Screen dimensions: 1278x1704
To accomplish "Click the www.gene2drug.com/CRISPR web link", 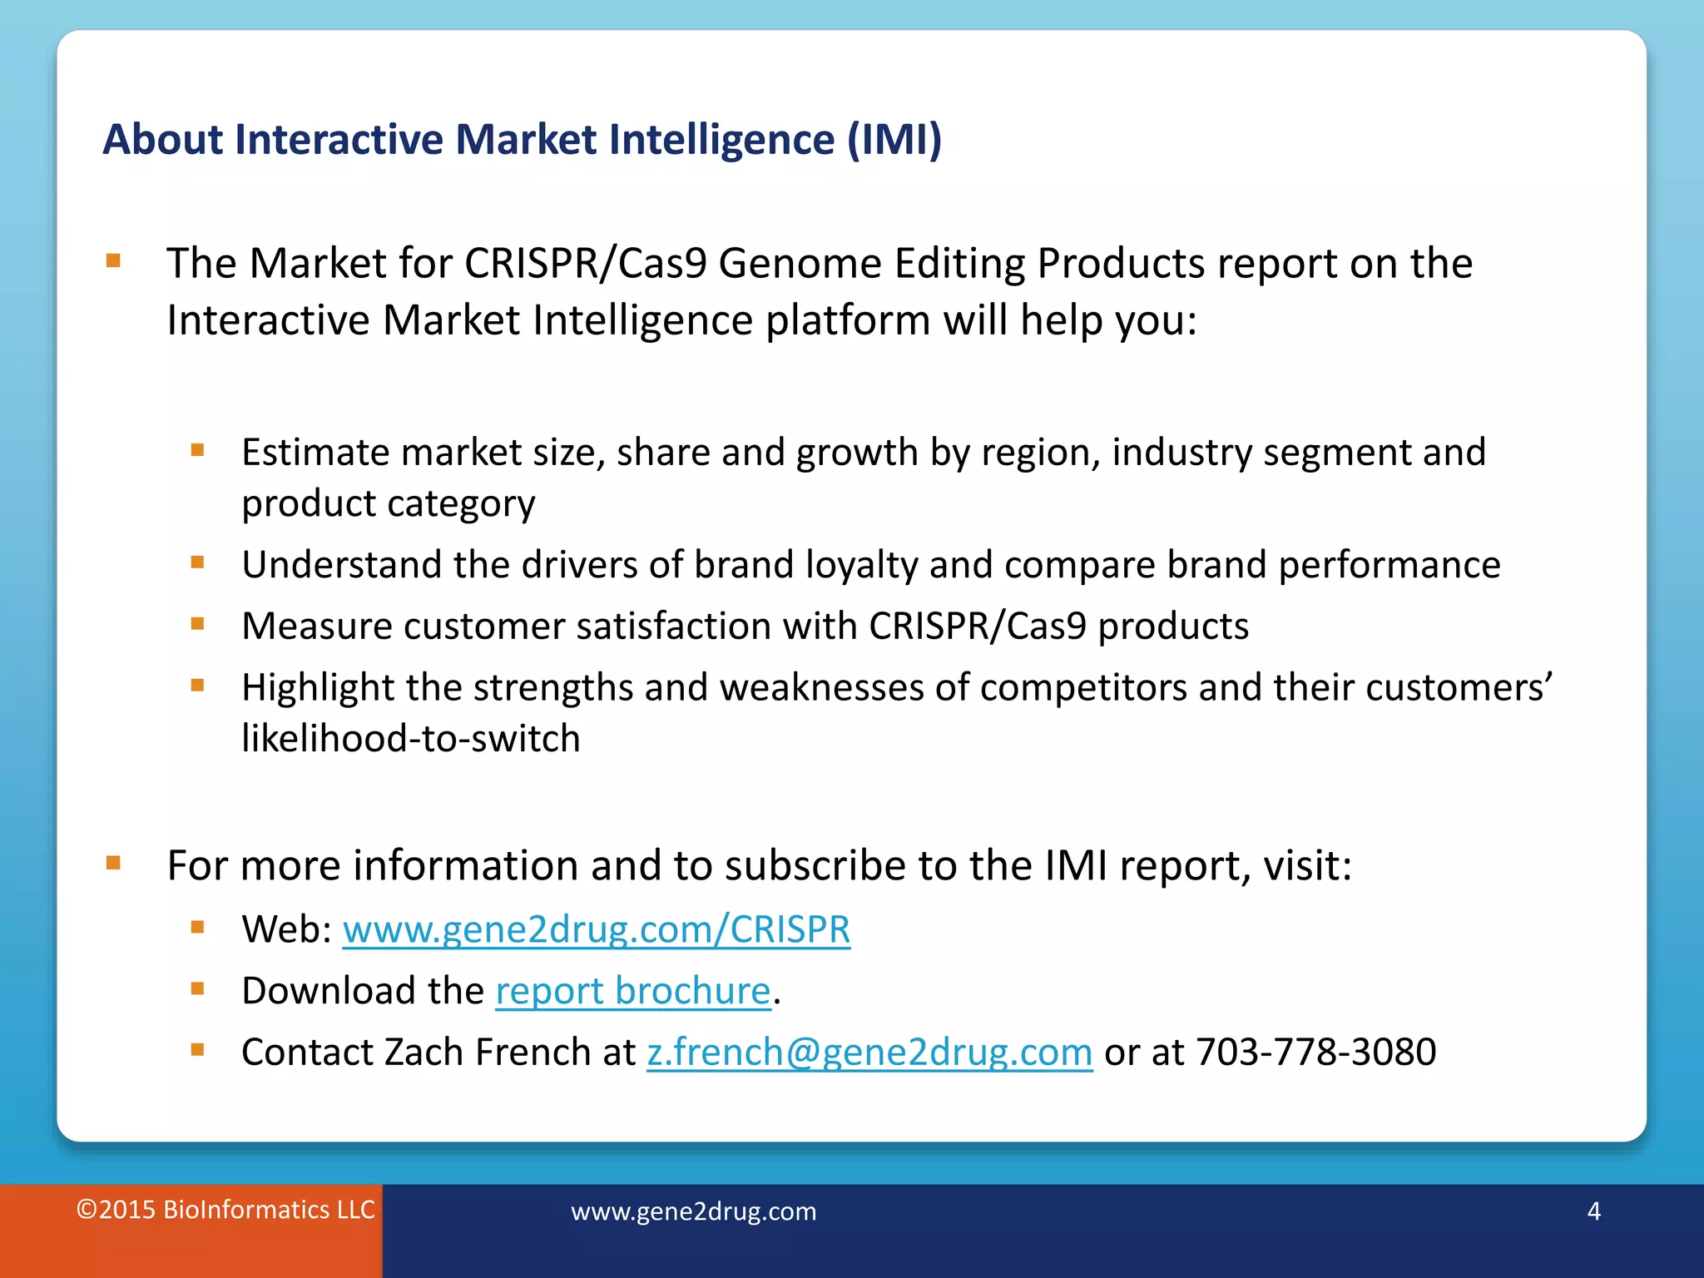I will point(596,929).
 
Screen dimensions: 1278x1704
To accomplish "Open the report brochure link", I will point(633,991).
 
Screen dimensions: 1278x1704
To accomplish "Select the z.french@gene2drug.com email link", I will point(869,1053).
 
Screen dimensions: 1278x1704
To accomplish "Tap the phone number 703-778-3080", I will point(1315,1053).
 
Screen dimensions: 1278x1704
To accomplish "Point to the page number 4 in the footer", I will point(1593,1211).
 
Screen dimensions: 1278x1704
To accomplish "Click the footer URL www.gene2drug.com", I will point(693,1211).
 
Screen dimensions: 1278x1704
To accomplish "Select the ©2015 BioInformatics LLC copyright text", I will point(225,1210).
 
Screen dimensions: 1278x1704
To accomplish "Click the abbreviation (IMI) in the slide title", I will point(894,139).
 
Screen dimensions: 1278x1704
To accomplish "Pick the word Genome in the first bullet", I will point(800,264).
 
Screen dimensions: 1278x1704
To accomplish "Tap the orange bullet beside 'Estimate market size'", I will point(197,451).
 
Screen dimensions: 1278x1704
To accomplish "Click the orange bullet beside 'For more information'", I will point(113,863).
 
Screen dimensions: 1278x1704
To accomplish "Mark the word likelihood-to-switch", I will point(410,739).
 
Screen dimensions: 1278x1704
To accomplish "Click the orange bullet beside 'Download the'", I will point(197,989).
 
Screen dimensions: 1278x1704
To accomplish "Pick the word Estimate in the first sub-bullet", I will point(315,453).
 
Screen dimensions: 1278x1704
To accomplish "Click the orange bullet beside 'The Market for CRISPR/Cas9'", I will point(113,261).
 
